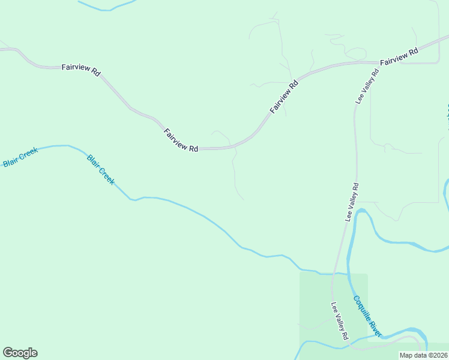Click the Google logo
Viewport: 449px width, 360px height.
[x=20, y=353]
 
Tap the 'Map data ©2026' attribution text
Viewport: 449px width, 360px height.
[x=424, y=355]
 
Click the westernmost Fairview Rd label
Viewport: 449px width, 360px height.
[x=81, y=69]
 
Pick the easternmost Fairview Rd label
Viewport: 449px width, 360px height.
[x=399, y=58]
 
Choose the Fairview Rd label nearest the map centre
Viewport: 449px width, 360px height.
[x=181, y=139]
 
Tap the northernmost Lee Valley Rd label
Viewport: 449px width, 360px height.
[x=367, y=87]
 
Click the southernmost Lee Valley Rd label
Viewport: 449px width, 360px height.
[x=340, y=321]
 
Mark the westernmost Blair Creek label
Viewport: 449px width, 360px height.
[x=20, y=157]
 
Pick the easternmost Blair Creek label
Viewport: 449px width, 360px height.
[x=100, y=169]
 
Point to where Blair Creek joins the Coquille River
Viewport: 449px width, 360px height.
[x=347, y=274]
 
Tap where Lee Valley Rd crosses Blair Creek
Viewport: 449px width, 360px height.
[x=334, y=273]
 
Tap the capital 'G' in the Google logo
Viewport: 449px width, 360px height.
[x=8, y=353]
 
